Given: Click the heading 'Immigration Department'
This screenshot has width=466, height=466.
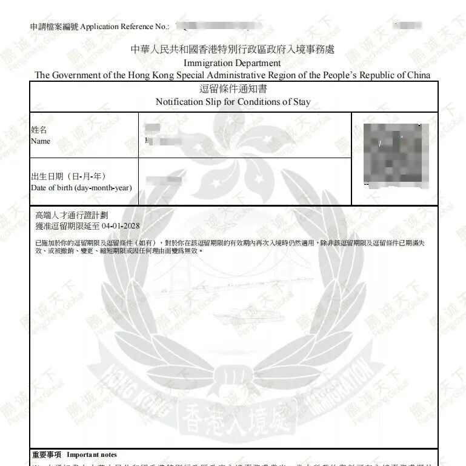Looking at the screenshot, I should coord(233,62).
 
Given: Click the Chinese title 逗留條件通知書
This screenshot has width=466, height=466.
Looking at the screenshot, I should coord(233,89).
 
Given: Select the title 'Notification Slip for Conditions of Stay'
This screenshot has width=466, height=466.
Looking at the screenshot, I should coord(233,102).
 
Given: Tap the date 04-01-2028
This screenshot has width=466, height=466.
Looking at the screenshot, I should coord(121,226).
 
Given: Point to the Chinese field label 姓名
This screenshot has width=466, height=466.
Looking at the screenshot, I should coord(39,130).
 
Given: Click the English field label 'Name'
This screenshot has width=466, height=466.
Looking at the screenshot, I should coord(41,141).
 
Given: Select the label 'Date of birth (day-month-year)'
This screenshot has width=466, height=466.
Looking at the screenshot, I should coord(81,188).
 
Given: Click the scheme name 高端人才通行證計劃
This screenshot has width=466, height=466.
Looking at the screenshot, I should coord(72,215).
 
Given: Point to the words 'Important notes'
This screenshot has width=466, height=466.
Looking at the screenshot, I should coord(92,454).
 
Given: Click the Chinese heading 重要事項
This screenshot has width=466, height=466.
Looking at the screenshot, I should coord(47,454).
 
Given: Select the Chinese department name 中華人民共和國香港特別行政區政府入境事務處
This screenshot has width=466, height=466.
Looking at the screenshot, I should coord(233,50).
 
